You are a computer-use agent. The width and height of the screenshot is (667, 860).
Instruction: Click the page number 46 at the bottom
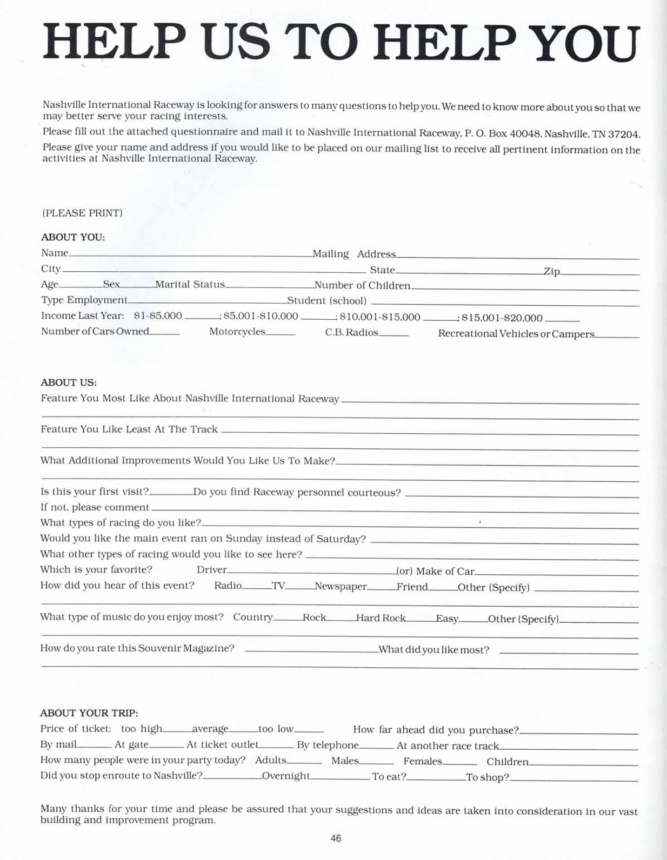336,838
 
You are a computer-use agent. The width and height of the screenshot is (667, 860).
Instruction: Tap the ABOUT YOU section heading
73,237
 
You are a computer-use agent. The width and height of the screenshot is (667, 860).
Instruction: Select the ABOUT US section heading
69,382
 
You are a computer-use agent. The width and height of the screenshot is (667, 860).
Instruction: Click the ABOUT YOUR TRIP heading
89,713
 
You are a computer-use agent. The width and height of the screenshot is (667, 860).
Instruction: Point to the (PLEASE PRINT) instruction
82,213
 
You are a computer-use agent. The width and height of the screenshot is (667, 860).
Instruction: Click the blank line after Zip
599,273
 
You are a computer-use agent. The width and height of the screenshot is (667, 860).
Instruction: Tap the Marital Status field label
190,285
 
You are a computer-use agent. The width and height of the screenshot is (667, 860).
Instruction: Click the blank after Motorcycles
281,334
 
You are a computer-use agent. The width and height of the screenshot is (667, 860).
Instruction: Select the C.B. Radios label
351,332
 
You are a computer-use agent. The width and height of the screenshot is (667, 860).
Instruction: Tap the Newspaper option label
341,587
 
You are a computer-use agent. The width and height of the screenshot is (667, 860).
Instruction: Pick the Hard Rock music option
381,618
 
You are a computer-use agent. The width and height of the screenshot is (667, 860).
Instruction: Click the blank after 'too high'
177,731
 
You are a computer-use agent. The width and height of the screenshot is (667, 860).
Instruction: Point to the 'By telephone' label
328,745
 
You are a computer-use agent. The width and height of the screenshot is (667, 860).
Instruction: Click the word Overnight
286,776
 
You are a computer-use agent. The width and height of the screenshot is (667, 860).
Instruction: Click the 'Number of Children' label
362,285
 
